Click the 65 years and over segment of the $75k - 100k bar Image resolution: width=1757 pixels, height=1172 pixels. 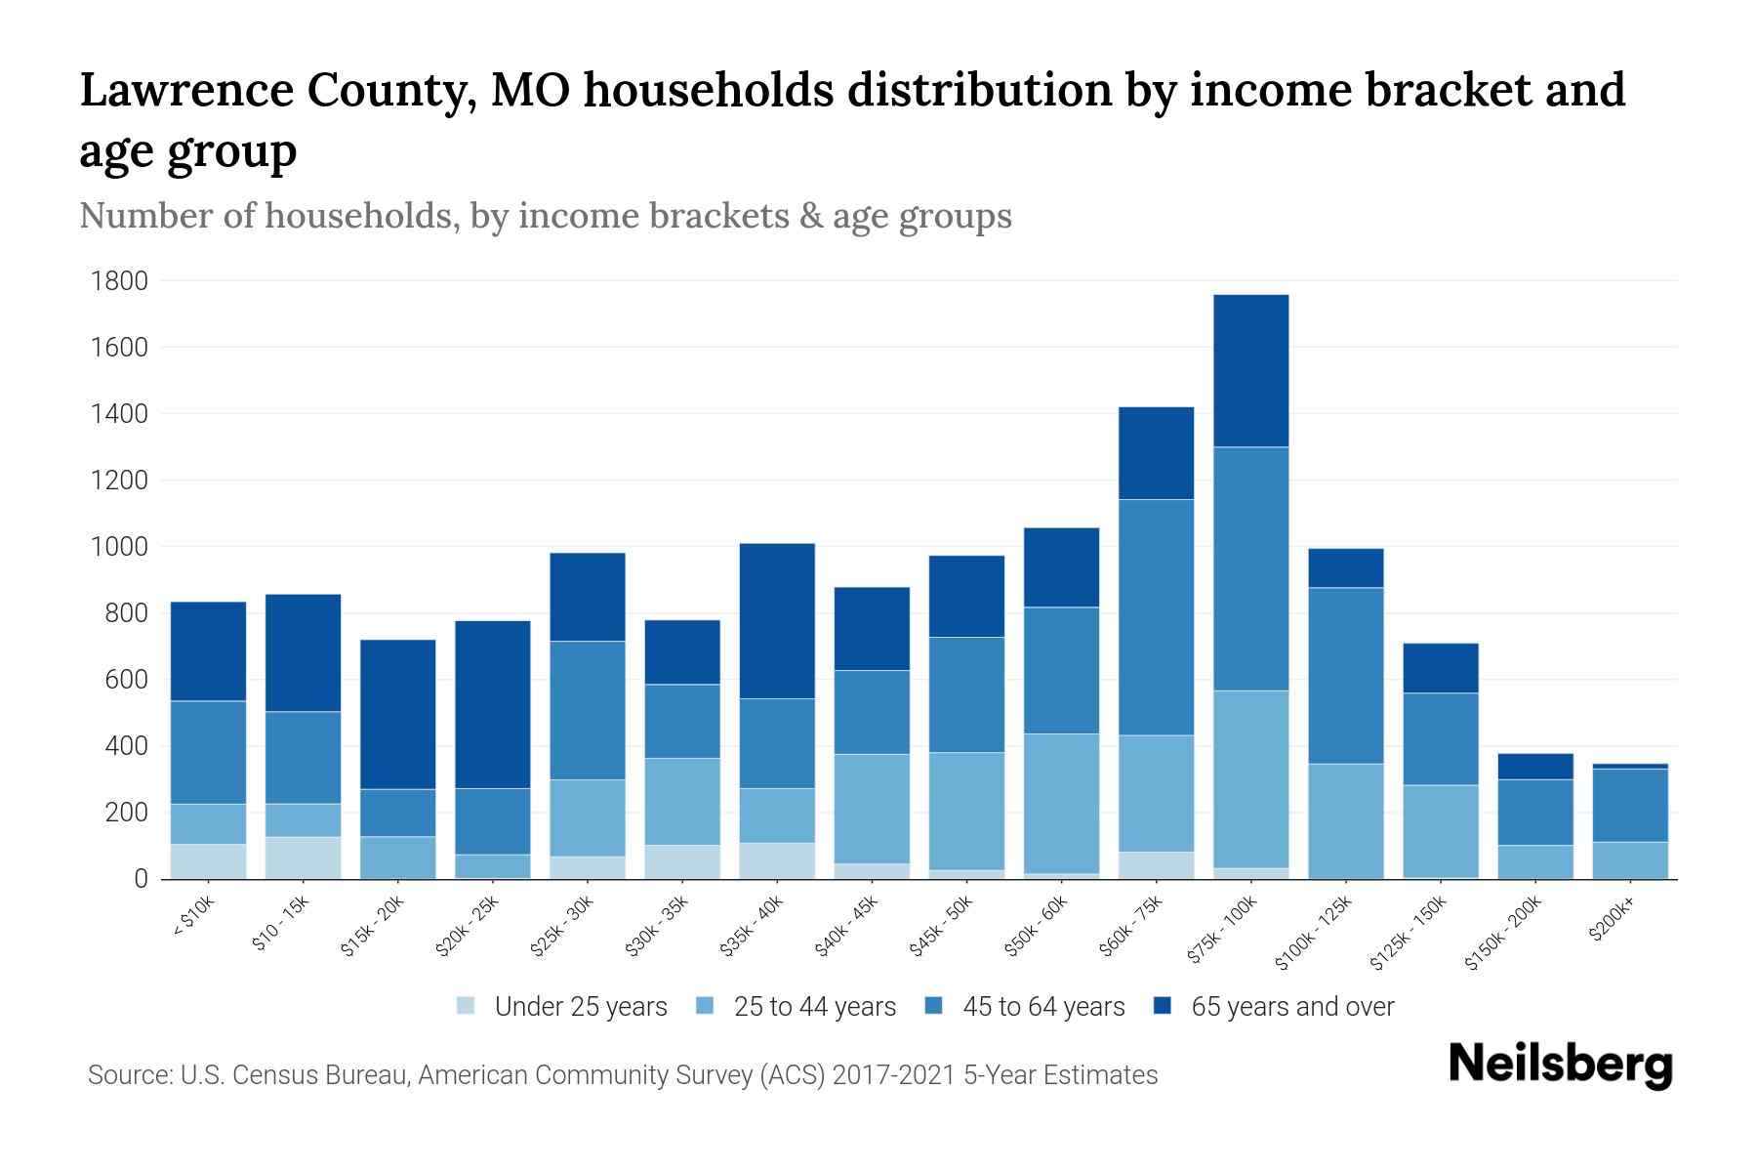click(1250, 371)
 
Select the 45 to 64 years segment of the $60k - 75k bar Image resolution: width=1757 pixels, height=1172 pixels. click(1156, 617)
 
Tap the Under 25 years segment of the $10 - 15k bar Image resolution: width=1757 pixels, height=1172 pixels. click(303, 858)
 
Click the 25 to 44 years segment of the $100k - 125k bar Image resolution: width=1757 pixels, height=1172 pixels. click(1345, 820)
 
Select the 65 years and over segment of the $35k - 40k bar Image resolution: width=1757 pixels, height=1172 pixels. click(777, 620)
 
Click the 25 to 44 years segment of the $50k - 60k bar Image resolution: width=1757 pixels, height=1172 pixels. click(1061, 803)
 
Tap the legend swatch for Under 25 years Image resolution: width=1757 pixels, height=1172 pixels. click(467, 1006)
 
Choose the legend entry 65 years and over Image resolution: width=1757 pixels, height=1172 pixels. click(1291, 1007)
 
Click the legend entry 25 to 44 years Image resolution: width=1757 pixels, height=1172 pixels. click(814, 1007)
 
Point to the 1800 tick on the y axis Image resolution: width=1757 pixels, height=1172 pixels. click(119, 281)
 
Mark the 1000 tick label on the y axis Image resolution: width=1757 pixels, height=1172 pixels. click(119, 547)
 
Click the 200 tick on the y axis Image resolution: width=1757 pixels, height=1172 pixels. click(128, 813)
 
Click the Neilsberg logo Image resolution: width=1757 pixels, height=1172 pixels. click(1560, 1065)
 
